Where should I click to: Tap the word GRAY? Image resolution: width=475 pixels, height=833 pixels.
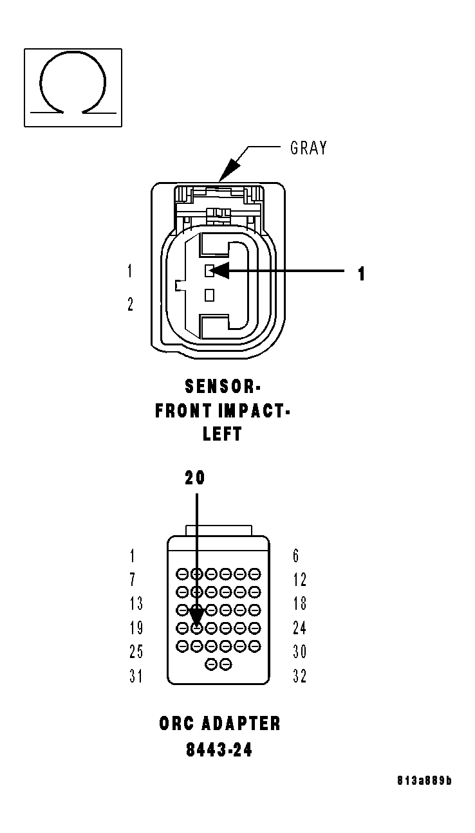click(x=309, y=148)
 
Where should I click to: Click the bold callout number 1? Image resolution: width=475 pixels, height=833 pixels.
click(x=362, y=274)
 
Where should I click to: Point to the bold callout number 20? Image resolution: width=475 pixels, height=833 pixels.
click(x=195, y=478)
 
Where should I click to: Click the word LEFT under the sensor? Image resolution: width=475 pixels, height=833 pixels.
click(x=222, y=434)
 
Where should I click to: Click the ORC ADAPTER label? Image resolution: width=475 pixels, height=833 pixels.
click(x=220, y=724)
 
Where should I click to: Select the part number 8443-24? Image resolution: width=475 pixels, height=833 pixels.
click(x=219, y=749)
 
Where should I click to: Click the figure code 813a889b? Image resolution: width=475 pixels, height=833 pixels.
click(x=424, y=781)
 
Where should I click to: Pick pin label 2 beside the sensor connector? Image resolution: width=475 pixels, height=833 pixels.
click(x=130, y=304)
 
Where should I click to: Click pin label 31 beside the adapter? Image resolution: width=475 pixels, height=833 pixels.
click(x=135, y=676)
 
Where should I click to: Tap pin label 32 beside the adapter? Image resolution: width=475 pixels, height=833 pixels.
click(x=299, y=676)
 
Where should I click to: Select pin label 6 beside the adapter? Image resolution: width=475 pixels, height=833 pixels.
click(x=296, y=556)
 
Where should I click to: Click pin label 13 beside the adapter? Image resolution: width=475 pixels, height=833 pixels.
click(x=135, y=603)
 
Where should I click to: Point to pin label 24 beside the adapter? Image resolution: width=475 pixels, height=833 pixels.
click(x=299, y=628)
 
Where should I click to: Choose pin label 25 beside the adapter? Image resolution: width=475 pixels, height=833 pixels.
click(x=135, y=652)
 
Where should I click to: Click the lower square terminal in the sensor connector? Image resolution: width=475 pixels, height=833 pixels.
click(x=209, y=295)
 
